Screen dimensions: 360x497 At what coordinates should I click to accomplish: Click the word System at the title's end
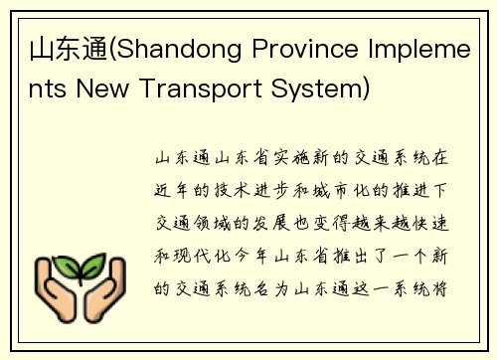(309, 90)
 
